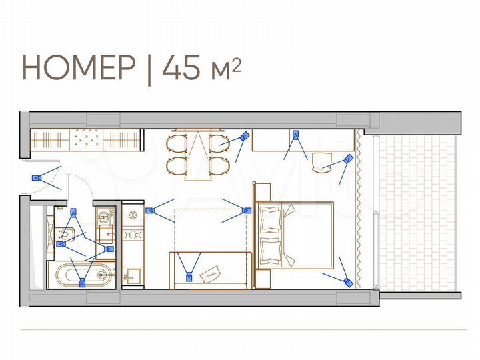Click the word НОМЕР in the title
79,68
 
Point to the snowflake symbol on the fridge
133,215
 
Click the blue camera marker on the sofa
189,275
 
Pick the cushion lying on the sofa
211,272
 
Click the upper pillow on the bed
271,217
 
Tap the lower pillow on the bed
271,250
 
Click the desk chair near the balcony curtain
323,161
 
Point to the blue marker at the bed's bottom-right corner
347,282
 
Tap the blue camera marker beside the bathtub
83,283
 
